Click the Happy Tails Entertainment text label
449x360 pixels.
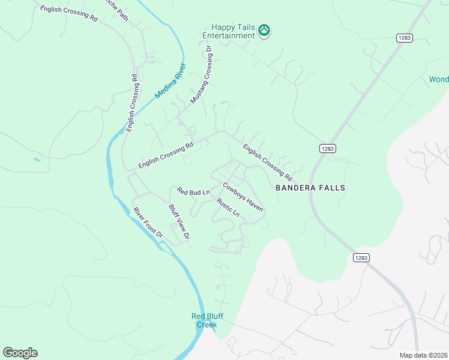tap(233, 32)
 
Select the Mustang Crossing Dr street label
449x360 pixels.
tap(202, 74)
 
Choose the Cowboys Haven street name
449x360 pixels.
tap(243, 197)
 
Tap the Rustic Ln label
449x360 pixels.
tap(228, 208)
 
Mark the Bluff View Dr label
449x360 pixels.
tap(179, 222)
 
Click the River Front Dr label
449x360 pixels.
tap(148, 223)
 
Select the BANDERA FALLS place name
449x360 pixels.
tap(310, 188)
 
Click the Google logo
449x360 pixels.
tap(20, 353)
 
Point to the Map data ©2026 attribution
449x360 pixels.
tap(423, 355)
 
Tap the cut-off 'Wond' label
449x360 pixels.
tap(439, 79)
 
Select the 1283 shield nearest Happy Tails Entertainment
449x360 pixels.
tap(405, 38)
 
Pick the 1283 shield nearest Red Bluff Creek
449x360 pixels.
tap(361, 257)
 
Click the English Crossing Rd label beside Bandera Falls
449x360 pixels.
tap(267, 162)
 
